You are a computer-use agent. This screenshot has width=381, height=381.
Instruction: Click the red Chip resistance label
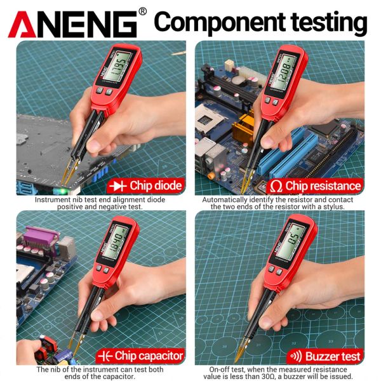[316, 185]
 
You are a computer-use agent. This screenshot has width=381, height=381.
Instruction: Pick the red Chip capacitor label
[140, 356]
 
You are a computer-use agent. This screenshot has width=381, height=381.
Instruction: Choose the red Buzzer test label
[326, 356]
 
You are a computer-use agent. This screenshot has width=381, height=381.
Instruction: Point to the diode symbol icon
[118, 185]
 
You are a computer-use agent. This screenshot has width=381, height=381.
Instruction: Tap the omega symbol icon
[276, 186]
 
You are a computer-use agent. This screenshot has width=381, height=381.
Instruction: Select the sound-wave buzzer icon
[295, 356]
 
